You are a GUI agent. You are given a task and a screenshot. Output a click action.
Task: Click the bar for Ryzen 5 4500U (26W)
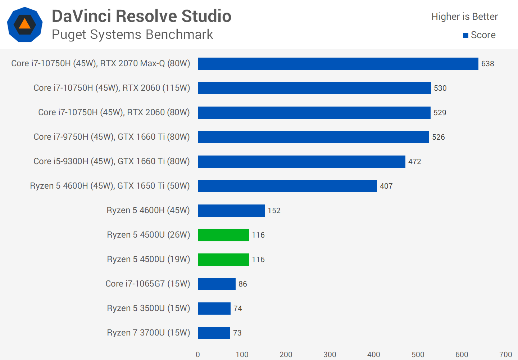click(223, 235)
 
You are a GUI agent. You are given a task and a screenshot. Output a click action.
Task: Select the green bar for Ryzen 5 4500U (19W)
click(223, 260)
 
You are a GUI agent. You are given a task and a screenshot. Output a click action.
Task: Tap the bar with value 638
click(338, 64)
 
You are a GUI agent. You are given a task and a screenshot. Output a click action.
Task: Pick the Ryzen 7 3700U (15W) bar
click(214, 333)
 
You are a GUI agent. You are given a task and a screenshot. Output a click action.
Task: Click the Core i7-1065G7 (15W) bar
click(217, 284)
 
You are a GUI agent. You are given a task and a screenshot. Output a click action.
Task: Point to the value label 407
click(386, 186)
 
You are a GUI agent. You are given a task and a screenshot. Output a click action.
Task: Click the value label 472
click(414, 162)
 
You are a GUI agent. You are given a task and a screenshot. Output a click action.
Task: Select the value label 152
click(274, 211)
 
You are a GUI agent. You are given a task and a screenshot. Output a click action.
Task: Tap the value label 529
click(440, 113)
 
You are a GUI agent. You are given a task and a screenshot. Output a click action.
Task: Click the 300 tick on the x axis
click(330, 355)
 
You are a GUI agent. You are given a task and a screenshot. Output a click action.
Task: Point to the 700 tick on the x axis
click(505, 355)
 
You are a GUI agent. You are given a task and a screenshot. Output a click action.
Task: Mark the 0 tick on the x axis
click(198, 355)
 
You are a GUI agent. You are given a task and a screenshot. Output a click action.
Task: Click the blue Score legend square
click(465, 35)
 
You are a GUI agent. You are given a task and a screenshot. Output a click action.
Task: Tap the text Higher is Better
click(464, 17)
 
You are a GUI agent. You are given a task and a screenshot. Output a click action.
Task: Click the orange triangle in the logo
click(24, 24)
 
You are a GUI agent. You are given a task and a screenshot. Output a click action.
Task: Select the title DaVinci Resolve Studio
click(141, 16)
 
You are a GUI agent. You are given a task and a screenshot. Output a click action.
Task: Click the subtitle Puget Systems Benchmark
click(132, 35)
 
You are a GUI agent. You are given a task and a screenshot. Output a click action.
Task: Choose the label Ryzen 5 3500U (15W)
click(148, 309)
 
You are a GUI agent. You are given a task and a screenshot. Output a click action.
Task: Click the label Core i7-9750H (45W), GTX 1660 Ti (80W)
click(112, 137)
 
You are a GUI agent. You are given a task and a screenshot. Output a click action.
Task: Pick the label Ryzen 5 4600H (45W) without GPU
click(148, 211)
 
